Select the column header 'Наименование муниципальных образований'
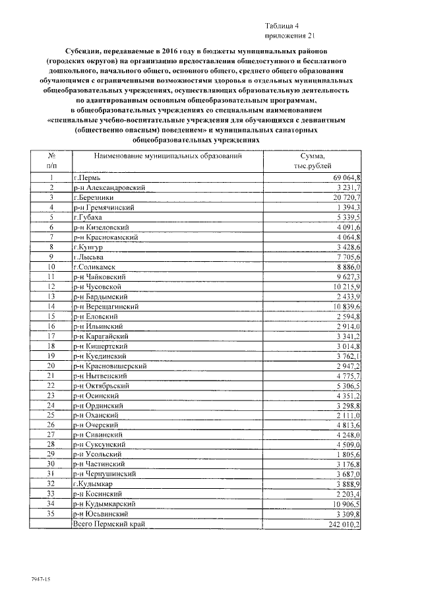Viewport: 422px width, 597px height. (x=168, y=157)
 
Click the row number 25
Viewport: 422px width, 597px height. (x=51, y=415)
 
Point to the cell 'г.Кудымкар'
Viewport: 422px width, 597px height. (x=94, y=484)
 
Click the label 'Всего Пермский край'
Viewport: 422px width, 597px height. (x=109, y=524)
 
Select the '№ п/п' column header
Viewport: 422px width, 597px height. (x=51, y=162)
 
